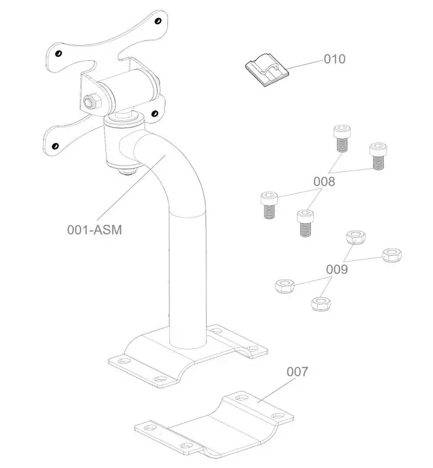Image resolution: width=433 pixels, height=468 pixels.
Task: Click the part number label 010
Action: click(x=334, y=59)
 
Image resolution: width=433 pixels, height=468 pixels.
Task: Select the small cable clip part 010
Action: click(x=263, y=69)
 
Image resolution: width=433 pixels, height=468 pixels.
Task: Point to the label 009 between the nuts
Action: click(x=338, y=269)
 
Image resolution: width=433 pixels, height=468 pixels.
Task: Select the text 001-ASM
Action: click(x=94, y=229)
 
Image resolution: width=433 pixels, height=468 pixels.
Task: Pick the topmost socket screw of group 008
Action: click(x=341, y=137)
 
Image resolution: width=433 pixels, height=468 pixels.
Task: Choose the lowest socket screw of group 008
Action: click(x=303, y=223)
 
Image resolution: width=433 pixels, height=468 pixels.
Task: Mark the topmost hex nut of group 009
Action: click(x=355, y=237)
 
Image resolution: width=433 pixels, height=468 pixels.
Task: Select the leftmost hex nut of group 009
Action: click(x=283, y=285)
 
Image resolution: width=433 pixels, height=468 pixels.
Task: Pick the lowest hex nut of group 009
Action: click(x=319, y=303)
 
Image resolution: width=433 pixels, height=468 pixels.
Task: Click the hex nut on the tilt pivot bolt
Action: click(x=91, y=102)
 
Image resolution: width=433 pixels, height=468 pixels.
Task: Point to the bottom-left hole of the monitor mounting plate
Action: click(x=56, y=145)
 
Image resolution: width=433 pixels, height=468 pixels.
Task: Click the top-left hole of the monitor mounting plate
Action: click(x=58, y=54)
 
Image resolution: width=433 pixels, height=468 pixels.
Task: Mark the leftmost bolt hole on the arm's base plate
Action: click(x=120, y=360)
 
